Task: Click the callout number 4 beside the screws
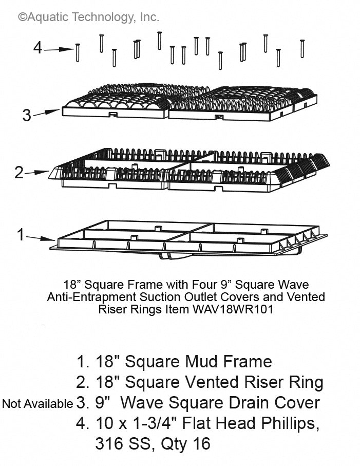point(37,48)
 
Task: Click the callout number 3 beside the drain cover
point(27,115)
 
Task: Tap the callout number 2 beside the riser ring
point(19,173)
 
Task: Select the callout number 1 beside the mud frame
point(21,235)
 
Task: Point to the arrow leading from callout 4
point(59,49)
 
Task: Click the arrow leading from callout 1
point(41,237)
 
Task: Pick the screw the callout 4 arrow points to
point(78,52)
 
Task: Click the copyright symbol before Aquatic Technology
point(22,17)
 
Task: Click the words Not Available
point(37,404)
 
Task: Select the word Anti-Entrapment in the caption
point(90,297)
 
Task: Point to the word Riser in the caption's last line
point(111,309)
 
